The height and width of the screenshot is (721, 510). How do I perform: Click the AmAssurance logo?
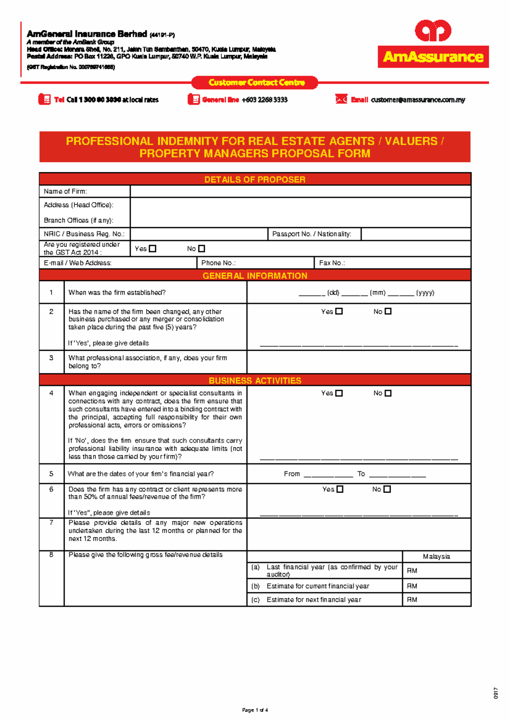[x=433, y=44]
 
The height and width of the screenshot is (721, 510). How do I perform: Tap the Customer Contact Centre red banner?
[x=255, y=82]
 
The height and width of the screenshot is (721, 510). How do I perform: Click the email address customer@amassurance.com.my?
[x=418, y=100]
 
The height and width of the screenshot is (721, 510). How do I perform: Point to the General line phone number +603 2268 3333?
[x=264, y=100]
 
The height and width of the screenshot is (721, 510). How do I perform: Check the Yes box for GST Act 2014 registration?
[x=153, y=249]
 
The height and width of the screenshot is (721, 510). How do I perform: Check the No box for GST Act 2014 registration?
[x=201, y=249]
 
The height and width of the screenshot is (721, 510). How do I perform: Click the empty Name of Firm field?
[x=300, y=192]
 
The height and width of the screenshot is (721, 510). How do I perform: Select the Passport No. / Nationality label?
[x=312, y=234]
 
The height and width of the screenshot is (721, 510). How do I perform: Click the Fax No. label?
[x=332, y=263]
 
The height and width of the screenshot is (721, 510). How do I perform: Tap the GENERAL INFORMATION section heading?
[x=255, y=276]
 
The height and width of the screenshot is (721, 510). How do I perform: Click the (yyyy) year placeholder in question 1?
[x=425, y=293]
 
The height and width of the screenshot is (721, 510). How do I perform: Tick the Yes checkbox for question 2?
[x=339, y=311]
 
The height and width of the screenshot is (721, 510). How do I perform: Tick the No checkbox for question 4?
[x=388, y=393]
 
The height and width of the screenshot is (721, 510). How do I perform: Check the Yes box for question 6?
[x=340, y=489]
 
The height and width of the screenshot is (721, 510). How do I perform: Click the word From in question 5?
[x=292, y=474]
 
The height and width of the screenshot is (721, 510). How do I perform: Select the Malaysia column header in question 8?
[x=436, y=557]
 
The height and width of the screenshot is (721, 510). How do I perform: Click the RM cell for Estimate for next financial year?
[x=436, y=600]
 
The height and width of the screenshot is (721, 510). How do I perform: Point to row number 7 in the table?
[x=51, y=523]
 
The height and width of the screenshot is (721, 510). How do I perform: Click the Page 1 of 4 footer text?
[x=255, y=710]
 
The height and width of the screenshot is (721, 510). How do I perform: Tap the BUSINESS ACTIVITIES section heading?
[x=255, y=380]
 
